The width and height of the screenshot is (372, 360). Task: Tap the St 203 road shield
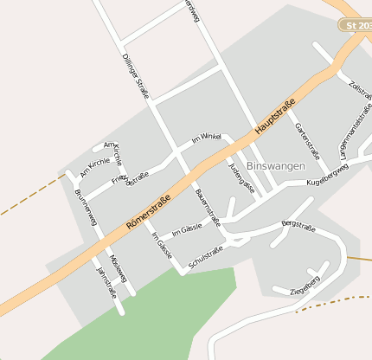pos(356,26)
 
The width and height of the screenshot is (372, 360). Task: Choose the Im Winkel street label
pos(207,138)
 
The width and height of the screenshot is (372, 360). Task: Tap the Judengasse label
pos(242,176)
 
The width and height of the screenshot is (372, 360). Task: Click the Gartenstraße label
pos(308,141)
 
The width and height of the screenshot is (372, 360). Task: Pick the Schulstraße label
pos(206,257)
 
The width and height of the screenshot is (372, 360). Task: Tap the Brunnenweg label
pos(86,209)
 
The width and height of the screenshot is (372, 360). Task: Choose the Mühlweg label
pos(119,268)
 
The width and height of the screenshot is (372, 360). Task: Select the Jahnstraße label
pos(106,279)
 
